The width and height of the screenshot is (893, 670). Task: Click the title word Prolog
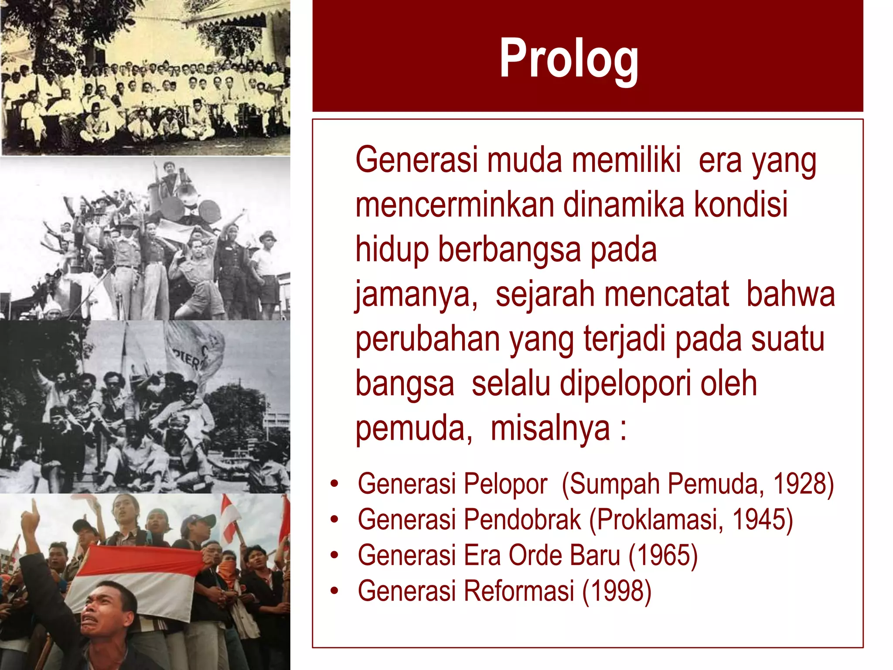pyautogui.click(x=569, y=58)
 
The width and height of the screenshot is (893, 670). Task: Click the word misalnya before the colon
pyautogui.click(x=550, y=428)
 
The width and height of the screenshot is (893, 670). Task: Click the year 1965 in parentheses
pyautogui.click(x=663, y=555)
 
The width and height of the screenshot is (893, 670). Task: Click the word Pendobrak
pyautogui.click(x=522, y=520)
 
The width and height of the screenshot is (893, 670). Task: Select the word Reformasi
pyautogui.click(x=518, y=591)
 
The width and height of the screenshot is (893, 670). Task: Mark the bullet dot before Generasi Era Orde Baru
pyautogui.click(x=334, y=556)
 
